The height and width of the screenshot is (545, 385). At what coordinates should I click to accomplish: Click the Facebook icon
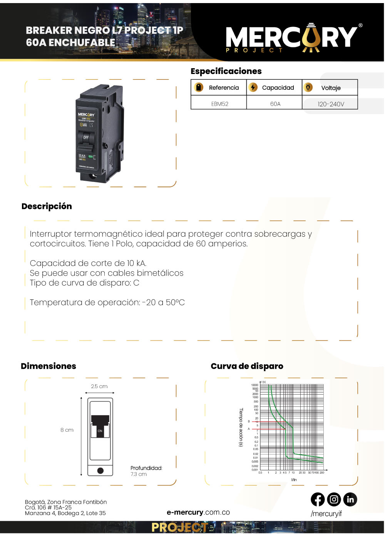[x=318, y=500]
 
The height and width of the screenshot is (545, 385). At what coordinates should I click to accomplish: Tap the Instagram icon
[x=334, y=500]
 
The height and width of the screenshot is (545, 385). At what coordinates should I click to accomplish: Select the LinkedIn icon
[x=350, y=500]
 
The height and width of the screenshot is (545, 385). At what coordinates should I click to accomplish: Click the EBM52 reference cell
[x=219, y=104]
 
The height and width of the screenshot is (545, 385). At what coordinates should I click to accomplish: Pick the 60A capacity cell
[x=275, y=104]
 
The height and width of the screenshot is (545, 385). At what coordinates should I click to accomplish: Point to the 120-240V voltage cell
[x=331, y=104]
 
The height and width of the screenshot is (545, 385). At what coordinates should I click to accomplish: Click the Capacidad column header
[x=278, y=87]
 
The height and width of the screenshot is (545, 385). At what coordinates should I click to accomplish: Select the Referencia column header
[x=224, y=87]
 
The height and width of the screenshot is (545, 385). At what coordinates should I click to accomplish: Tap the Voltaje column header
[x=331, y=88]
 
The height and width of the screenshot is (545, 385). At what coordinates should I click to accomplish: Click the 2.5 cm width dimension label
[x=99, y=386]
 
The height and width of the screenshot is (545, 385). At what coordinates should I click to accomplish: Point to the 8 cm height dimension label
[x=67, y=430]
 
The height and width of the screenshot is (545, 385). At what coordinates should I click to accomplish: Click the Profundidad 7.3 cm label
[x=146, y=471]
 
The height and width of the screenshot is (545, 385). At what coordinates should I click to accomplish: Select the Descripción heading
[x=47, y=206]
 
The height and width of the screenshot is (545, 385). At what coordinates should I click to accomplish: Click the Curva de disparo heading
[x=247, y=366]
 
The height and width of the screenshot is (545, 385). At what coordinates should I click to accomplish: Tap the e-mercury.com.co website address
[x=198, y=512]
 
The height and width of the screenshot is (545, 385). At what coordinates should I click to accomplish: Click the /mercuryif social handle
[x=326, y=513]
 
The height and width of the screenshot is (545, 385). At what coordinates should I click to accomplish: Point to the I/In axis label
[x=294, y=480]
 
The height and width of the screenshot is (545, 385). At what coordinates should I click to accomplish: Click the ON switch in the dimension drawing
[x=100, y=431]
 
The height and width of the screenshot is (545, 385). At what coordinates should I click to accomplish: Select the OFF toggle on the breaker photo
[x=85, y=138]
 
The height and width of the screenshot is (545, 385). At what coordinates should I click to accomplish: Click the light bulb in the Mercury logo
[x=311, y=37]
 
